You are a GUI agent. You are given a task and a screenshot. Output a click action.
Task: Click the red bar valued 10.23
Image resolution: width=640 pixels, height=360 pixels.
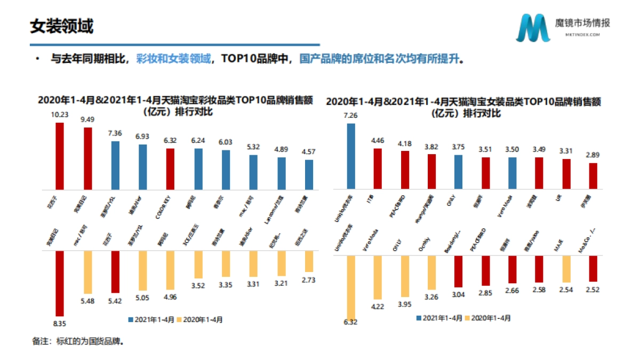tap(60, 156)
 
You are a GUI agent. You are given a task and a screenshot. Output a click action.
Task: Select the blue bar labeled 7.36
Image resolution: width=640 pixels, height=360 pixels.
tap(115, 165)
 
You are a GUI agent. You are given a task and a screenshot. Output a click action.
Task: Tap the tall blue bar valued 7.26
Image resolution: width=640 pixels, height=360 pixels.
tap(350, 156)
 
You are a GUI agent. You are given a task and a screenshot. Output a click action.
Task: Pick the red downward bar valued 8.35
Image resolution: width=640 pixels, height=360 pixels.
tap(60, 283)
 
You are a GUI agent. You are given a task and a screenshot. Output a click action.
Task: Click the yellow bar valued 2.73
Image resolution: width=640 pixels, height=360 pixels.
tap(309, 261)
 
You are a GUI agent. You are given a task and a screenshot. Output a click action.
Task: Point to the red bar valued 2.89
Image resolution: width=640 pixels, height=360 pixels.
tap(593, 175)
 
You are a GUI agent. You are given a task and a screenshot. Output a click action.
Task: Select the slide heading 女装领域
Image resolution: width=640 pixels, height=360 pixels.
tap(61, 25)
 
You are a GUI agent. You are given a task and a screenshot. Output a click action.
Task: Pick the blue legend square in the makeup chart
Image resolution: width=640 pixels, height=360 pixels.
tap(130, 320)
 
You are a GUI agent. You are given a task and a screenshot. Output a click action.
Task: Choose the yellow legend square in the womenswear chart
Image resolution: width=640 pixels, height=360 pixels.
tap(468, 318)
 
